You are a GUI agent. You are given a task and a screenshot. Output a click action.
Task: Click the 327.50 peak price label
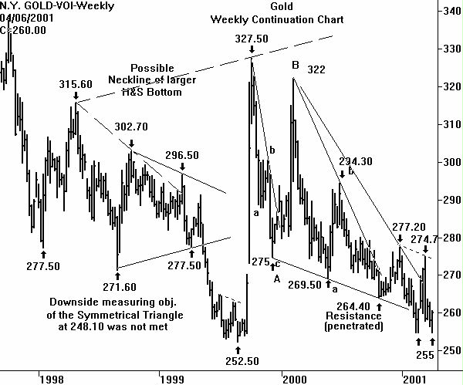pos(252,38)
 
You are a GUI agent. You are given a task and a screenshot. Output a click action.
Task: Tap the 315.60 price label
pos(76,84)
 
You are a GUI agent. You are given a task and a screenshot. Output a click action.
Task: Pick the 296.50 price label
pos(183,155)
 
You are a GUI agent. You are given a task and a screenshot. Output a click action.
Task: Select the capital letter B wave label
pos(295,66)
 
